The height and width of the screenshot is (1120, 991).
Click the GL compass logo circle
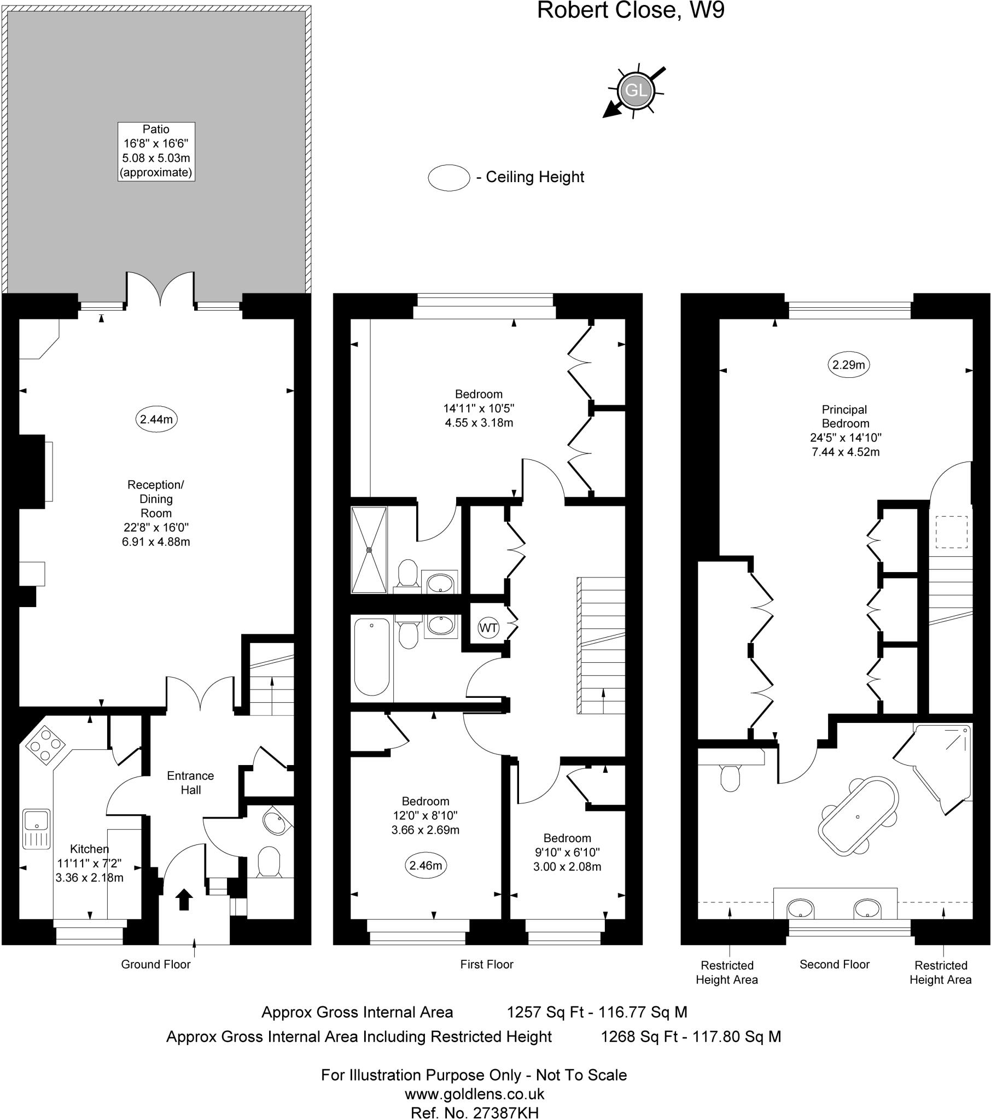pos(636,90)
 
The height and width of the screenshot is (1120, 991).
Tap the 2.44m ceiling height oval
pos(156,419)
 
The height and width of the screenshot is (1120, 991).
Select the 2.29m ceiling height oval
pos(848,364)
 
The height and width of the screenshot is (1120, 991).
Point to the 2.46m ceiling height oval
pos(426,865)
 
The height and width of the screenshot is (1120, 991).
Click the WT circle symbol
pos(488,627)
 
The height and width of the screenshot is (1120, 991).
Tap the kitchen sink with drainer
pos(37,829)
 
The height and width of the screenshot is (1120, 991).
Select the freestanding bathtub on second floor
pos(858,816)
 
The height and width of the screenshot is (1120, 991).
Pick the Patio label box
pos(156,151)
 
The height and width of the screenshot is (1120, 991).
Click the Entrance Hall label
pos(191,783)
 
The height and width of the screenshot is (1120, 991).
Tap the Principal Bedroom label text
pos(845,416)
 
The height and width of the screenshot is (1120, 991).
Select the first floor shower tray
pos(369,550)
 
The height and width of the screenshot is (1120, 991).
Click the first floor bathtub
pos(372,657)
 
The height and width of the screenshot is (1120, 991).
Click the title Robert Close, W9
pos(631,10)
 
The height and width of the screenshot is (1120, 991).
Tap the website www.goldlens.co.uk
pos(474,1094)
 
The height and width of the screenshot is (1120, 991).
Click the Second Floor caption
pos(834,964)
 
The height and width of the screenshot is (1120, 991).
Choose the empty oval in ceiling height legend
pos(449,178)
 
